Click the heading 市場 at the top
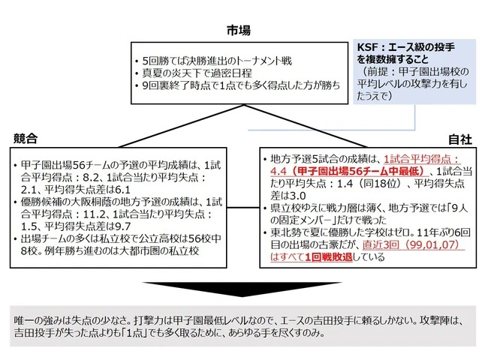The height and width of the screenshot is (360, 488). tap(239, 31)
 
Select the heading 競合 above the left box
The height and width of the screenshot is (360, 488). tap(26, 138)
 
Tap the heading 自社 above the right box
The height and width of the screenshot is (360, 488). tap(460, 139)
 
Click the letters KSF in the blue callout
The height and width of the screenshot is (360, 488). tap(367, 47)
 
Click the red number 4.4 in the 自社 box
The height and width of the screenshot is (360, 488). tap(278, 171)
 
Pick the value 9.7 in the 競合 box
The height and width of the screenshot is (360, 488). tap(123, 226)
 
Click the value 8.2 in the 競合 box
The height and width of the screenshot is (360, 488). tap(91, 178)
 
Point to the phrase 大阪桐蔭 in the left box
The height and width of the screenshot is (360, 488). tap(84, 202)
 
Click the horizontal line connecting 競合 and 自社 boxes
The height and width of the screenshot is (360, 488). tap(243, 207)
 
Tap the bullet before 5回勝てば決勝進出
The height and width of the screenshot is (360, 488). tap(137, 61)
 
